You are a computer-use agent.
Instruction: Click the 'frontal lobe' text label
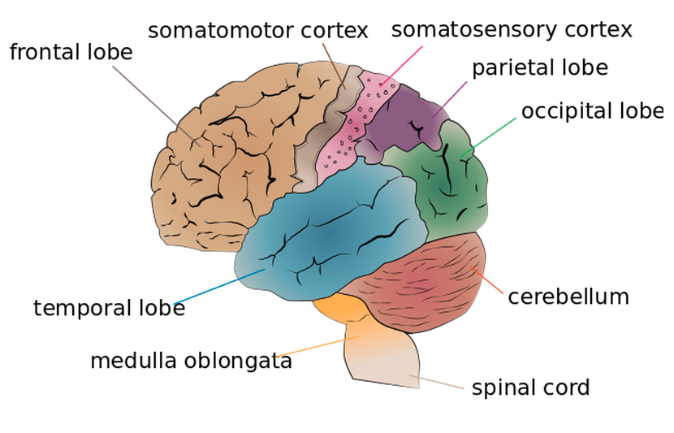click(71, 52)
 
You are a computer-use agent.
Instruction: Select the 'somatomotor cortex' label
click(257, 31)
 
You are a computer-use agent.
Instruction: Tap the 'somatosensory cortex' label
click(511, 30)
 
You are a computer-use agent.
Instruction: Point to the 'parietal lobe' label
click(539, 67)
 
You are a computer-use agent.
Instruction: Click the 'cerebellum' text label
click(568, 297)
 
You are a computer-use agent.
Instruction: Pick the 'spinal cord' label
click(530, 388)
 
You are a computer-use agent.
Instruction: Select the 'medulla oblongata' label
click(191, 361)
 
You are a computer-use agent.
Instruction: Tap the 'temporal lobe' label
click(109, 309)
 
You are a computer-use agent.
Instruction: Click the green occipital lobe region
click(451, 187)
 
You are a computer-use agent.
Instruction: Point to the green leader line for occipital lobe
click(491, 135)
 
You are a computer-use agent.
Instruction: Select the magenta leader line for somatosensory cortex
click(402, 66)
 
